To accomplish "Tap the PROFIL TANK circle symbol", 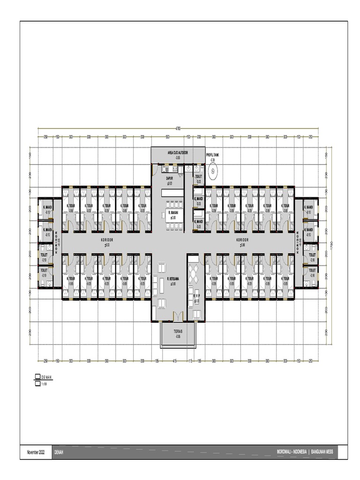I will (212, 171).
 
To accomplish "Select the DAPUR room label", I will (170, 178).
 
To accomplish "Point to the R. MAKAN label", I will (173, 213).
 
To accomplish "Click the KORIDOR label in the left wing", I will (107, 239).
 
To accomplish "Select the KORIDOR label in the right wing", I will (242, 239).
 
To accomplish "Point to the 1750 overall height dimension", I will (331, 245).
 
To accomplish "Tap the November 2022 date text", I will (36, 452).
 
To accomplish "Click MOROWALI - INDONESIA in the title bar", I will (292, 452).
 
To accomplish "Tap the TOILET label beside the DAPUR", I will (198, 176).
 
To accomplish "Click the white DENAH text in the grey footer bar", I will (59, 452).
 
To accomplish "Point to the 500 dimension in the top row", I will (167, 137).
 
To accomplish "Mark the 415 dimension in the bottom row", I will (174, 360).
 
